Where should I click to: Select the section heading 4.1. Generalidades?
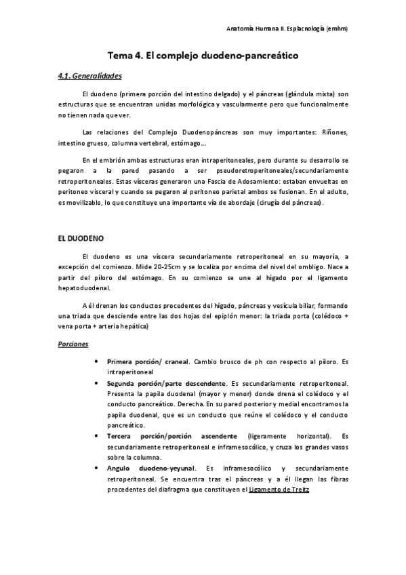click(x=90, y=75)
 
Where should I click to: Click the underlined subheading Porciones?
click(x=73, y=344)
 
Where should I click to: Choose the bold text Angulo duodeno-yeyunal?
click(x=151, y=468)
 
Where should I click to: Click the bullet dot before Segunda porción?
click(x=99, y=383)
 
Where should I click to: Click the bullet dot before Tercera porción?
click(x=99, y=436)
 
